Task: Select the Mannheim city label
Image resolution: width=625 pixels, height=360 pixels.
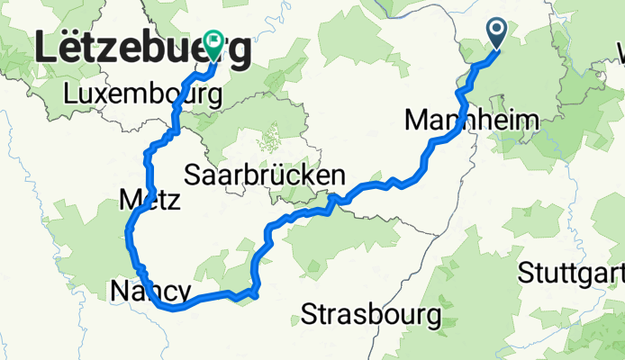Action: point(459,119)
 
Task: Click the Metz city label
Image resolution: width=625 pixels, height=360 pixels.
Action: point(149,198)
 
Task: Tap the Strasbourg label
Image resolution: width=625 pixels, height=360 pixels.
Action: point(371,315)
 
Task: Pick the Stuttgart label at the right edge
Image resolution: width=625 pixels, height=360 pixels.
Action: point(573,270)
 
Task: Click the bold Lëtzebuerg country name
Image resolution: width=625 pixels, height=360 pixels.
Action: point(142,52)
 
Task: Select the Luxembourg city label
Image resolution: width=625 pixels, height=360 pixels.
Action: point(142,94)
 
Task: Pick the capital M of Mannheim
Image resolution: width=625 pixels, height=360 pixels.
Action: point(417,119)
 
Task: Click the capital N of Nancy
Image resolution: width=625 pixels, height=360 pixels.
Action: point(118,290)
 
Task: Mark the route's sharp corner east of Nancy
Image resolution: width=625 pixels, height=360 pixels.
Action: point(258,293)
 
